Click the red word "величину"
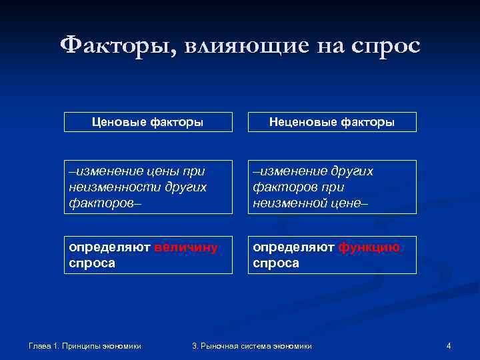tap(185, 248)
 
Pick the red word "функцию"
tap(369, 248)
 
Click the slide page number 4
tap(449, 345)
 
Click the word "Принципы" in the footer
tap(81, 345)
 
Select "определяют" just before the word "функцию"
tap(293, 248)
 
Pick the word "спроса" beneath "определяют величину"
tap(92, 263)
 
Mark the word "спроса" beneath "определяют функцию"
tap(276, 263)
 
